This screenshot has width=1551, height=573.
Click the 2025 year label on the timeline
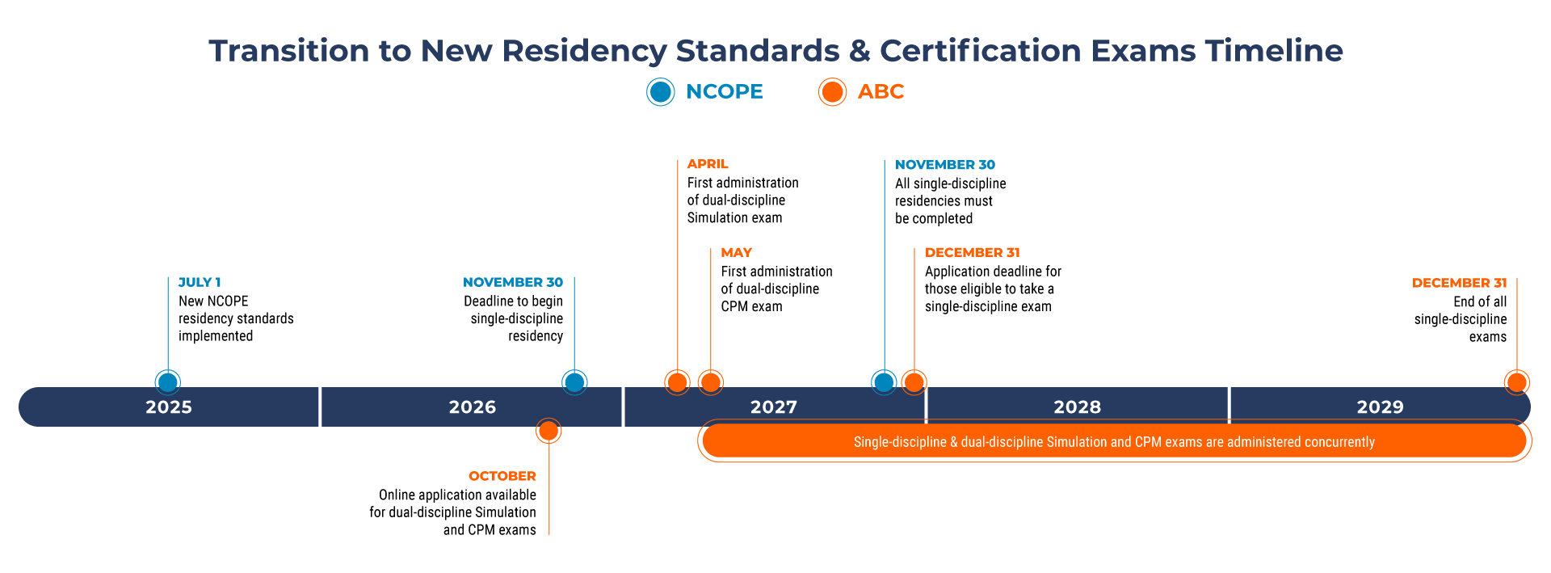coord(169,407)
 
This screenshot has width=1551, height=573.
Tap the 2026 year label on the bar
coord(473,407)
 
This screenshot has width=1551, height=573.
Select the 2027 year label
coord(774,407)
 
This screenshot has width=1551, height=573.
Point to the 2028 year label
coord(1077,407)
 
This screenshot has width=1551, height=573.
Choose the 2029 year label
coord(1380,407)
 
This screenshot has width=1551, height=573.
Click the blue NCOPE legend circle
coord(661,92)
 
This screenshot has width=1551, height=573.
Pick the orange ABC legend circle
coord(832,92)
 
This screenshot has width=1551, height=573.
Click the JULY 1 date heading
coord(200,282)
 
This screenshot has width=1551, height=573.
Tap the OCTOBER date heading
coord(502,476)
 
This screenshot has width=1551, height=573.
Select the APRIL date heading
coord(708,164)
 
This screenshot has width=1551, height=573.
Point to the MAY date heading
coord(736,253)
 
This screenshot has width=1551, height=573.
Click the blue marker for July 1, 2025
coord(168,382)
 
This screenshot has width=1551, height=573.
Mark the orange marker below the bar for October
coord(549,431)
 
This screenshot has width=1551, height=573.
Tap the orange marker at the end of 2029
coord(1517,382)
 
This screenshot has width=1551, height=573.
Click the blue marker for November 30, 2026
coord(574,382)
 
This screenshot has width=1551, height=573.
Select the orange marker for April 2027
coord(677,382)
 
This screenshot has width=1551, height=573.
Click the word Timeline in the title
coord(1274,51)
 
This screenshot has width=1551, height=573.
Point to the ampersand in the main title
coord(860,51)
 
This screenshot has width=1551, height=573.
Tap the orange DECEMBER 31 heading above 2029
coord(1459,283)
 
